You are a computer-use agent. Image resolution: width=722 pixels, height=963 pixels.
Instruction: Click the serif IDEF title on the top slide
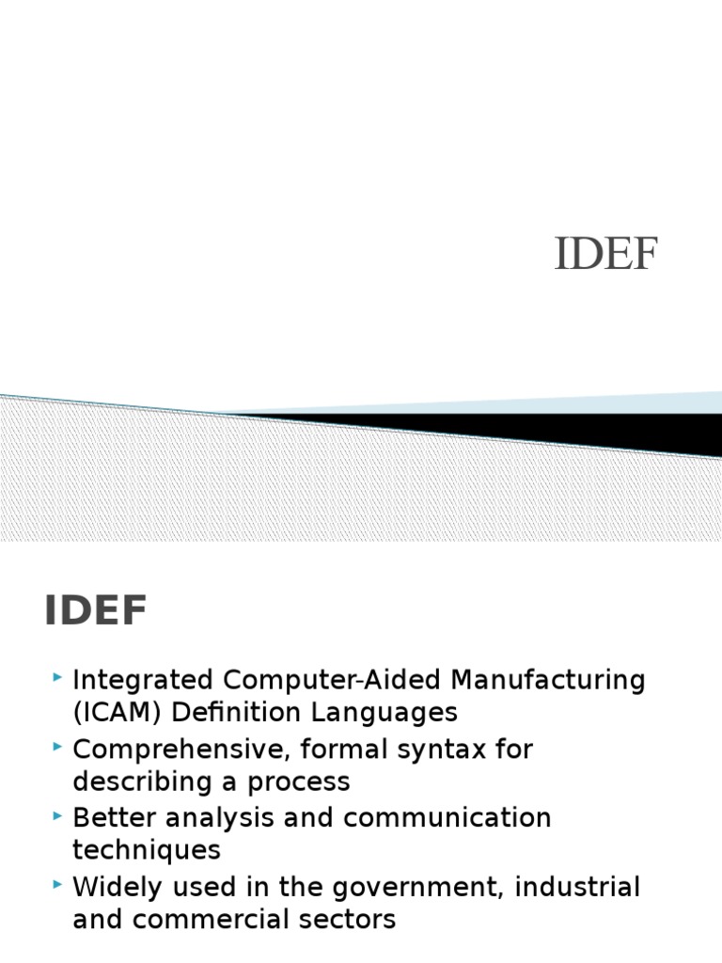click(x=606, y=254)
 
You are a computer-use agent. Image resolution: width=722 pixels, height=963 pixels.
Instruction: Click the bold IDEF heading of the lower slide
click(x=96, y=612)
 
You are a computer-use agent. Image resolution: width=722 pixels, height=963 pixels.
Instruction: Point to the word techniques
click(x=147, y=850)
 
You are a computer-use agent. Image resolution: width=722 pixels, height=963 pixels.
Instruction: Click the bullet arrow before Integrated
click(x=59, y=677)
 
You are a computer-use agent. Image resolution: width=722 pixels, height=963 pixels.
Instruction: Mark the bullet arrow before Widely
click(x=59, y=884)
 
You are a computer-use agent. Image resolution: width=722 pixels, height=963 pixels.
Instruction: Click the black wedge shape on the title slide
click(x=564, y=429)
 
